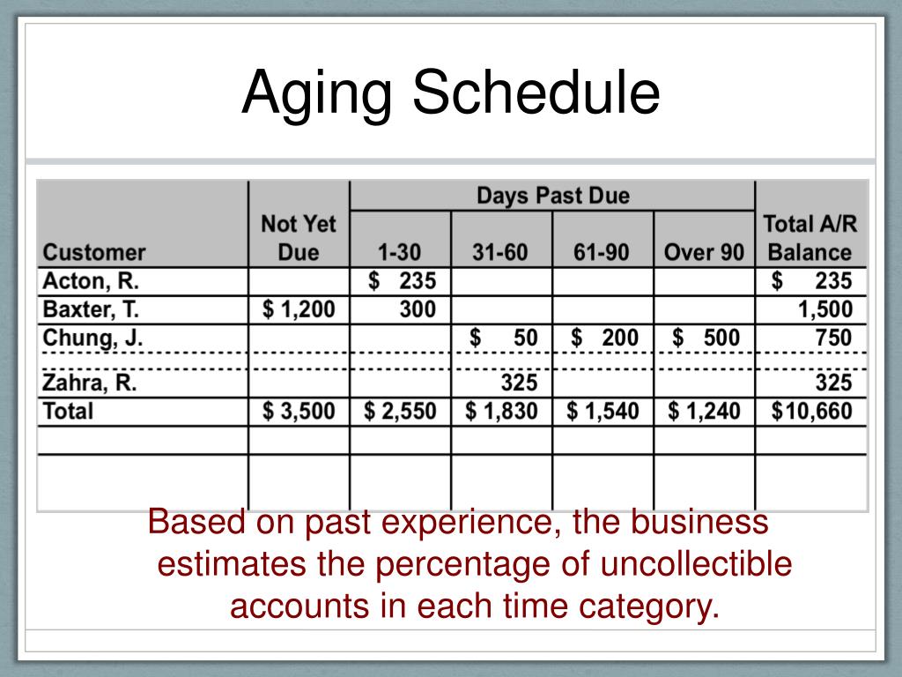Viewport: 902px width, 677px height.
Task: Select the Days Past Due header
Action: pyautogui.click(x=553, y=195)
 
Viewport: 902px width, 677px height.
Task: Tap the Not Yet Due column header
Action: pyautogui.click(x=299, y=238)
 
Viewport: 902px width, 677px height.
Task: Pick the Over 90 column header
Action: pyautogui.click(x=704, y=253)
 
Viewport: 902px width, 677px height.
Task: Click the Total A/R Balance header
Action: pyautogui.click(x=810, y=238)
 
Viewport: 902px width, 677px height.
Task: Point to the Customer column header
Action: pyautogui.click(x=94, y=253)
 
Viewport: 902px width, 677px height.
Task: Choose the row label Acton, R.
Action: pyautogui.click(x=91, y=281)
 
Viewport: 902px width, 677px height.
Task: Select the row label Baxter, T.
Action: pyautogui.click(x=92, y=309)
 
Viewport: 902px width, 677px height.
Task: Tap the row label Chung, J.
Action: pyautogui.click(x=92, y=338)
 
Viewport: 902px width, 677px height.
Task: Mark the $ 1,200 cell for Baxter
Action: pyautogui.click(x=299, y=309)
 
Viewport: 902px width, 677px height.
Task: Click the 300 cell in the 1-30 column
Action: pyautogui.click(x=407, y=309)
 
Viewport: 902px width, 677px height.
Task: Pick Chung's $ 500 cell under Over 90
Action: pyautogui.click(x=706, y=338)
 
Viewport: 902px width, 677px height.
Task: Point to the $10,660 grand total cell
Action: pyautogui.click(x=811, y=411)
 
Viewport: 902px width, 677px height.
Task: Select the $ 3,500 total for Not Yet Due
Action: pyautogui.click(x=299, y=411)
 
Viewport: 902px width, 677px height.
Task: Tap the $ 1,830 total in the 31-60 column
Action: pyautogui.click(x=501, y=411)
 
